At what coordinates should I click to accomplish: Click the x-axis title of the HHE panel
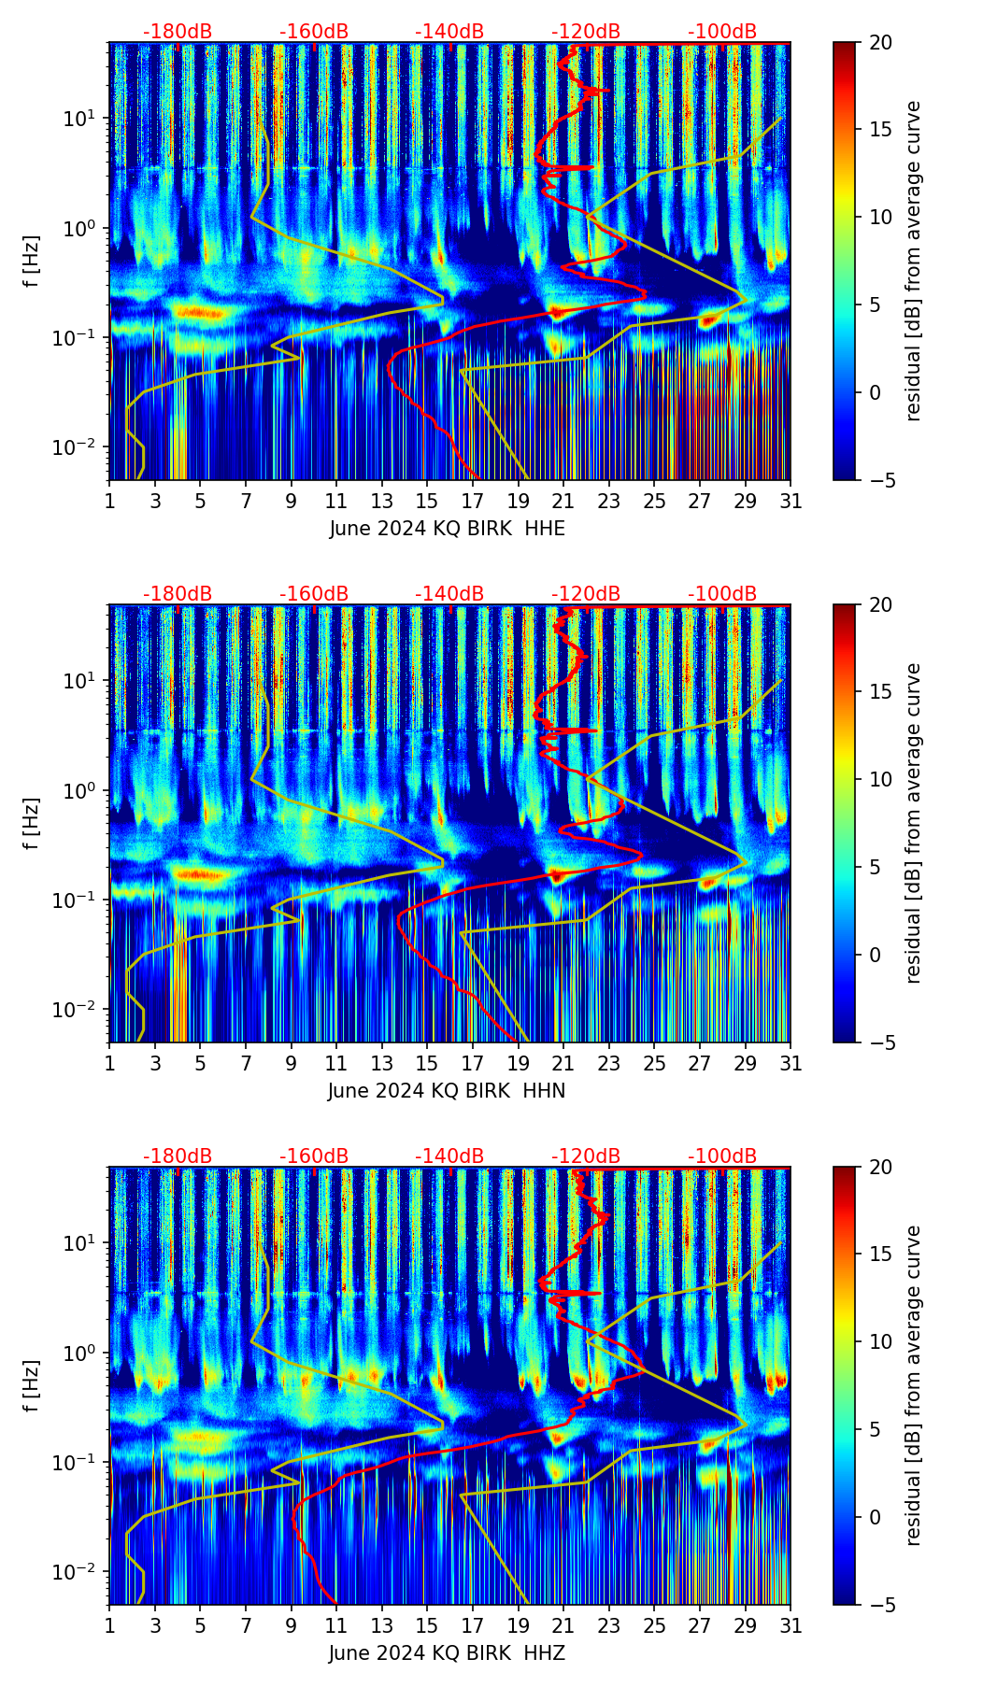(447, 529)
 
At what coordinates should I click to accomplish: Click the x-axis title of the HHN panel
(447, 1091)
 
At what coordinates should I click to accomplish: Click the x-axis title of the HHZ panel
(447, 1653)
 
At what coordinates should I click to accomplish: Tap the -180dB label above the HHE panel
(178, 32)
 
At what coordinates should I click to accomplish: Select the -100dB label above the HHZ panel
(722, 1156)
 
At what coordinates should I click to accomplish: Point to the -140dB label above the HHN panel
(449, 594)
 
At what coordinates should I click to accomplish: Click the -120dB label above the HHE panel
(586, 32)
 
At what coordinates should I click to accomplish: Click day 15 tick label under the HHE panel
(427, 501)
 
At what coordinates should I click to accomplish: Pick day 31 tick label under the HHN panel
(791, 1063)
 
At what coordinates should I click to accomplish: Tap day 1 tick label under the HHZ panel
(109, 1625)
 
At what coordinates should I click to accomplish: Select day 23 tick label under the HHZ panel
(609, 1625)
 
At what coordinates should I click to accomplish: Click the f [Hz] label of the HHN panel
(33, 823)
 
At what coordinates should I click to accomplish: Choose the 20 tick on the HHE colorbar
(879, 43)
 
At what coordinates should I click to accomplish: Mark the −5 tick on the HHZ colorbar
(879, 1604)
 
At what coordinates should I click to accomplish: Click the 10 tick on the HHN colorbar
(879, 779)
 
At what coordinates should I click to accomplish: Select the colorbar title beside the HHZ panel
(913, 1385)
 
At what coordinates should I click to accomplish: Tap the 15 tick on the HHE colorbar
(879, 130)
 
